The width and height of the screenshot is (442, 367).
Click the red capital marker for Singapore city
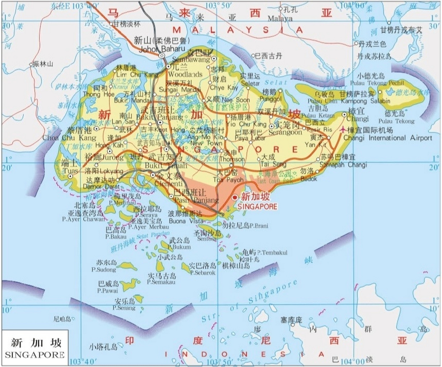pyautogui.click(x=235, y=198)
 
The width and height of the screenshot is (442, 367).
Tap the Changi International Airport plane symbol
pyautogui.click(x=343, y=130)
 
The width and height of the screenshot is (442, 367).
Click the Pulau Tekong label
pyautogui.click(x=396, y=121)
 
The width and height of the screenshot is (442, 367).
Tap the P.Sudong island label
pyautogui.click(x=104, y=270)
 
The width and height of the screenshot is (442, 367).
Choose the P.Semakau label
pyautogui.click(x=161, y=282)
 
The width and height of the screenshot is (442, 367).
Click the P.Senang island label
pyautogui.click(x=124, y=308)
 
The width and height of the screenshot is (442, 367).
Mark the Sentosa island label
pyautogui.click(x=206, y=239)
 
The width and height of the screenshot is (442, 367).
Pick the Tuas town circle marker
pyautogui.click(x=70, y=177)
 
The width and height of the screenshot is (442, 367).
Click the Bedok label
pyautogui.click(x=309, y=179)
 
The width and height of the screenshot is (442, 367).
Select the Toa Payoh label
pyautogui.click(x=228, y=180)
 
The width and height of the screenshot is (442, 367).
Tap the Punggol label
pyautogui.click(x=271, y=99)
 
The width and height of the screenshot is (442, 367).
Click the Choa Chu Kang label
pyautogui.click(x=69, y=138)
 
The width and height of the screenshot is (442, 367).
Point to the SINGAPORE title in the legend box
pyautogui.click(x=35, y=355)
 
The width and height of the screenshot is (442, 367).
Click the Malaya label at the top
pyautogui.click(x=280, y=19)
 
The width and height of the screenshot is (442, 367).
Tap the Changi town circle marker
pyautogui.click(x=344, y=114)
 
